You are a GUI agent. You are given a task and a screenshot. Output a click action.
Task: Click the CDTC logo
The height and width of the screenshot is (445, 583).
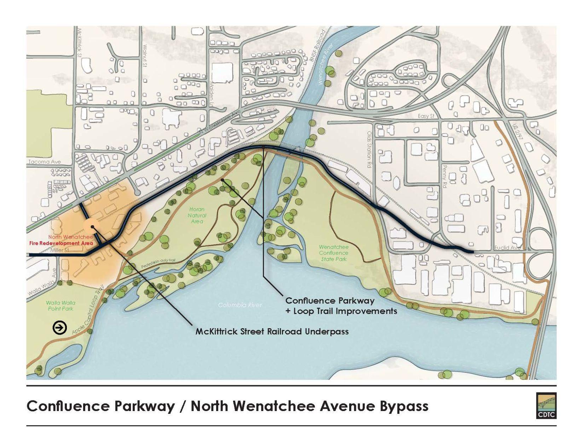pyautogui.click(x=546, y=406)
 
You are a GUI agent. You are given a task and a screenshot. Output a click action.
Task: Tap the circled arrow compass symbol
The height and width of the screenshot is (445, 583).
pyautogui.click(x=60, y=328)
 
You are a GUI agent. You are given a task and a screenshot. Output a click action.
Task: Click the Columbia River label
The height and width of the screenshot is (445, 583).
pyautogui.click(x=240, y=305)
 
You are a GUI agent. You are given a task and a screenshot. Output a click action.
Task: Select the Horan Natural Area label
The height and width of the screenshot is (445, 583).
pyautogui.click(x=197, y=215)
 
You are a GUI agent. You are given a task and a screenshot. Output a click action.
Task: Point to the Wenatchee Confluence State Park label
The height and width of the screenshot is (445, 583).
pyautogui.click(x=333, y=253)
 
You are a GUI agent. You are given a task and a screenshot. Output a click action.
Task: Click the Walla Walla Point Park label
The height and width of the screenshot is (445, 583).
pyautogui.click(x=60, y=306)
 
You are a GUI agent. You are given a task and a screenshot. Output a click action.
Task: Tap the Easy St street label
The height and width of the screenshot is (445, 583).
pyautogui.click(x=426, y=116)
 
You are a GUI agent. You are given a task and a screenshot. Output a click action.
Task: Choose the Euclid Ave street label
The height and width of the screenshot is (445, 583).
pyautogui.click(x=508, y=247)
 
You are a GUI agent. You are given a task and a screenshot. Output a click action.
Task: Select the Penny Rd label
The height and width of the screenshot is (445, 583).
pyautogui.click(x=445, y=176)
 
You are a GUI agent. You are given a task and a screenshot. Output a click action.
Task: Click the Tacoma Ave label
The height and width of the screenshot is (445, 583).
pyautogui.click(x=45, y=162)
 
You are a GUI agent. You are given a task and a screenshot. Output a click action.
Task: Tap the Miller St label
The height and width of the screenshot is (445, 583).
pyautogui.click(x=59, y=250)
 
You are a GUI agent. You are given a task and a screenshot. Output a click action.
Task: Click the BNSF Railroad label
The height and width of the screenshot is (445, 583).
pyautogui.click(x=317, y=46)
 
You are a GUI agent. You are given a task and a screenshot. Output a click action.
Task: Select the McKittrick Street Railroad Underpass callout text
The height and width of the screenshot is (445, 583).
pyautogui.click(x=272, y=332)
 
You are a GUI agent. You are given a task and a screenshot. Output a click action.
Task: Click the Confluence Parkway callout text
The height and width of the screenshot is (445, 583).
pyautogui.click(x=330, y=301)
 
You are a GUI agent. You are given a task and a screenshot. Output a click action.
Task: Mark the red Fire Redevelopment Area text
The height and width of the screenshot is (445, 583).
pyautogui.click(x=61, y=244)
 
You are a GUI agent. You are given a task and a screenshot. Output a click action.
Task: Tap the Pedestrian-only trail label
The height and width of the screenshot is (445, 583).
pyautogui.click(x=158, y=263)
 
